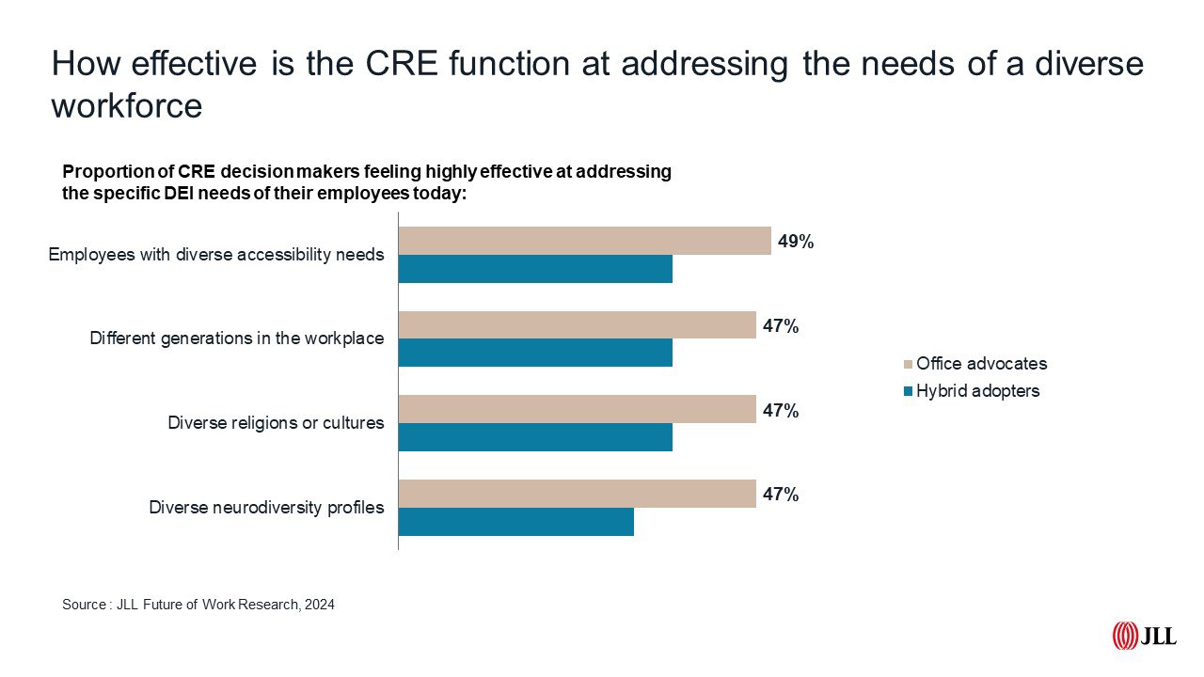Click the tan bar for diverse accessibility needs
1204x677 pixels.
(585, 241)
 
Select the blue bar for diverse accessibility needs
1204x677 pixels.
(536, 269)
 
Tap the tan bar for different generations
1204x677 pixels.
(578, 325)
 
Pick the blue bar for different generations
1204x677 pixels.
(536, 353)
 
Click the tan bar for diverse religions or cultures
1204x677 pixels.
(578, 409)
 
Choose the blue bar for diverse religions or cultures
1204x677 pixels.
(536, 437)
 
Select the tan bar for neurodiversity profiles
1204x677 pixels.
(578, 494)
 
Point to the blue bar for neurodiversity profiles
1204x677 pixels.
(516, 522)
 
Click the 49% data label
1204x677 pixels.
(796, 242)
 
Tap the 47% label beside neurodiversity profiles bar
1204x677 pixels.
(781, 495)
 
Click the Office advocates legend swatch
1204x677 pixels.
(908, 364)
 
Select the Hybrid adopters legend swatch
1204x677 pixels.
(908, 391)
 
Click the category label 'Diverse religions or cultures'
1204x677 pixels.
(276, 423)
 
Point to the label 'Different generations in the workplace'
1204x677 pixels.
(237, 338)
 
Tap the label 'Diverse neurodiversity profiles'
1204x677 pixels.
(266, 508)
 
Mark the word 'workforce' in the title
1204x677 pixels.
(127, 105)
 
